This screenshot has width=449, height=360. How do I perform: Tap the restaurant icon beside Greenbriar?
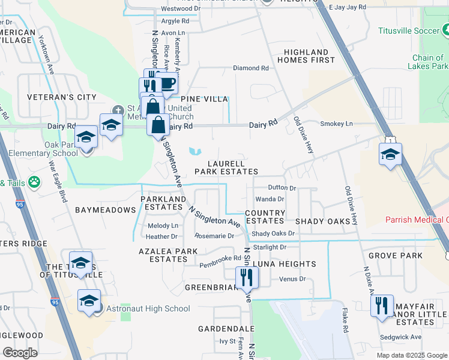coord(247,277)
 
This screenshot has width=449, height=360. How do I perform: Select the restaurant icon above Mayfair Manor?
coord(382,305)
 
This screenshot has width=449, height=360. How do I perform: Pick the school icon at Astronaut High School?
coord(89,301)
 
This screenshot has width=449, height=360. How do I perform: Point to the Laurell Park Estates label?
coord(226,167)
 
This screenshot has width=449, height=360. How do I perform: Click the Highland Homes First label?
coord(306,56)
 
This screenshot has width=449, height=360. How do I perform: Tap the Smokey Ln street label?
coord(337,124)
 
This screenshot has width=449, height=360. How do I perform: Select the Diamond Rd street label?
coord(250,68)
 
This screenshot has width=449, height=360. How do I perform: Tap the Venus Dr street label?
coord(292,279)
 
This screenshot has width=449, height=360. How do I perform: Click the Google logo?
coord(20,353)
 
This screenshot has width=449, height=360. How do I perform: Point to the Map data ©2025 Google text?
coord(411,355)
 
